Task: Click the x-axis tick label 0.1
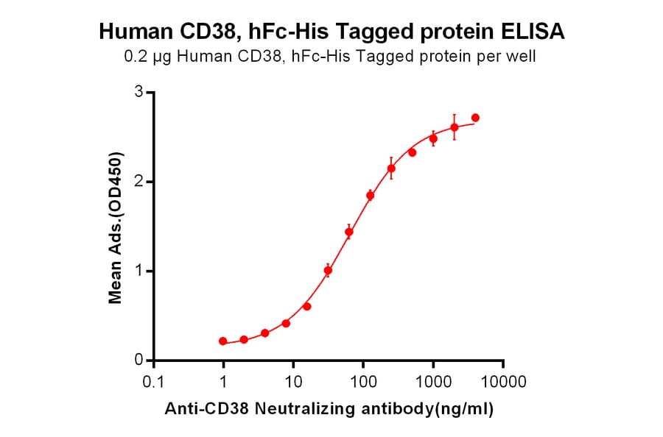(153, 383)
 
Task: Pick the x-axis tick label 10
(293, 383)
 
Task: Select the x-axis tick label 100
(363, 383)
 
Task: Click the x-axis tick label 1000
(433, 383)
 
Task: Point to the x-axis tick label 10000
(503, 383)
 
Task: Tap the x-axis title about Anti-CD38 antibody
(327, 409)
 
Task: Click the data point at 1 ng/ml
(223, 341)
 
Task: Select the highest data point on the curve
(475, 118)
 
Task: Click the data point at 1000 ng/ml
(433, 138)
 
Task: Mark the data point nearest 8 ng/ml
(286, 324)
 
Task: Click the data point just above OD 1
(328, 270)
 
